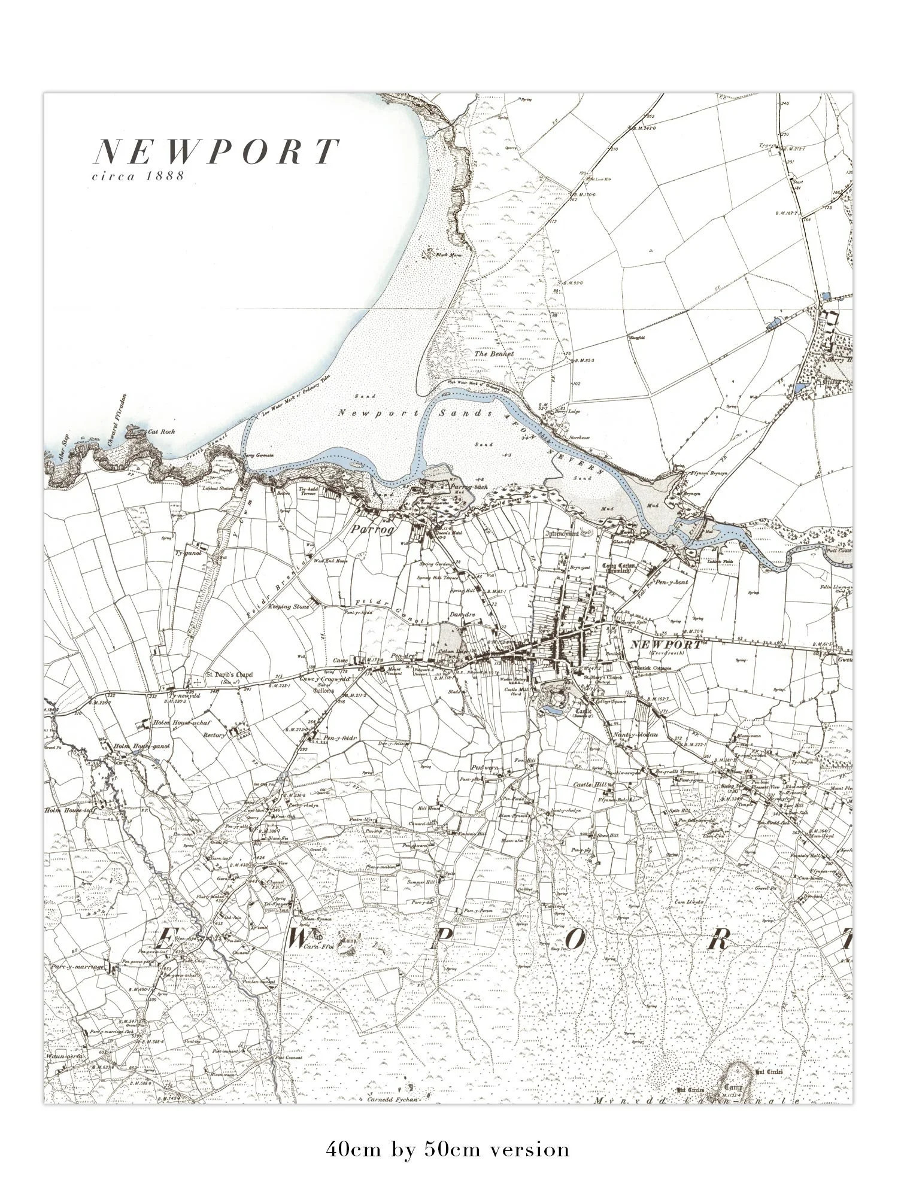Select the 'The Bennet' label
tap(494, 354)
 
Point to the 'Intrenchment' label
tap(562, 533)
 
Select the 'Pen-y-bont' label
tap(673, 582)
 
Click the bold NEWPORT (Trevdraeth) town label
tap(665, 645)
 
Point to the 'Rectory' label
tap(214, 734)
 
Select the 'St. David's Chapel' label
tap(229, 675)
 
